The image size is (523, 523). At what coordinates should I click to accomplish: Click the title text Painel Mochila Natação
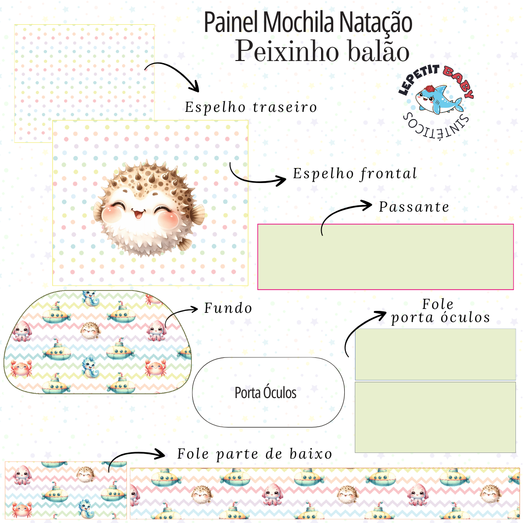(308, 23)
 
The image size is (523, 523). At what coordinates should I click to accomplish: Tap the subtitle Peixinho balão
(322, 51)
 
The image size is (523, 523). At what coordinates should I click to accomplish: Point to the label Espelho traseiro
(251, 107)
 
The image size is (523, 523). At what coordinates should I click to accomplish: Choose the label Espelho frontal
(355, 173)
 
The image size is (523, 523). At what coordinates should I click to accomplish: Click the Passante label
(414, 207)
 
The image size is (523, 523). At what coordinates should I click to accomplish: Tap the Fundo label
(228, 308)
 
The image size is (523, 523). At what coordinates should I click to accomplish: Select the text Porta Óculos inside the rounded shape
(265, 393)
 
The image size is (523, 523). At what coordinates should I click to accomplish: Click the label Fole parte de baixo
(255, 454)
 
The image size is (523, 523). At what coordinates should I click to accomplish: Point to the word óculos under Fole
(465, 318)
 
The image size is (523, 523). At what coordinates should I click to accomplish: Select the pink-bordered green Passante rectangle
(385, 257)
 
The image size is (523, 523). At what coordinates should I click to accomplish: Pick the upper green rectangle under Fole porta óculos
(435, 354)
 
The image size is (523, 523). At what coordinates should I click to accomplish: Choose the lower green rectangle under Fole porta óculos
(435, 417)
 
